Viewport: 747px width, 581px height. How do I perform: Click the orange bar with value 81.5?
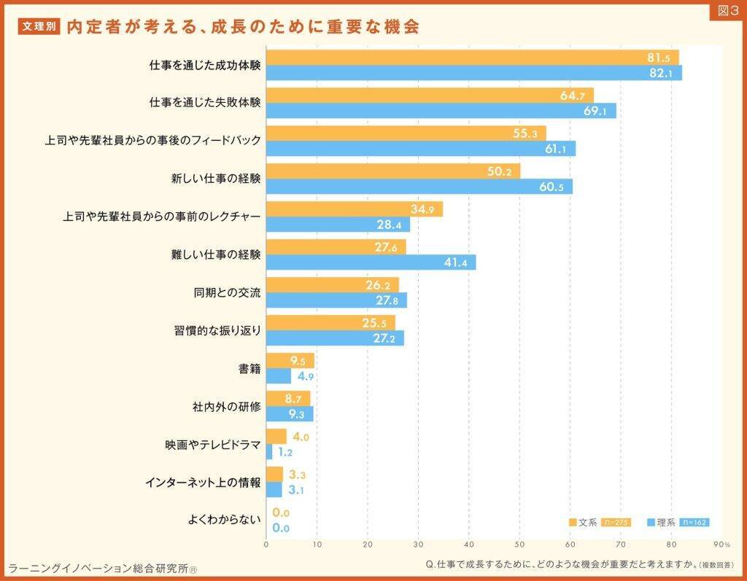pyautogui.click(x=472, y=58)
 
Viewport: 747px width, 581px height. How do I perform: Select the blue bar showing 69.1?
pyautogui.click(x=441, y=111)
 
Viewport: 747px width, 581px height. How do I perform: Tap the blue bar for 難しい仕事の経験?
pyautogui.click(x=371, y=262)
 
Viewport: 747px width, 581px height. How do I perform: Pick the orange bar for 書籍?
pyautogui.click(x=290, y=361)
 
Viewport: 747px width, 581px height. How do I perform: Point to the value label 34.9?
pyautogui.click(x=423, y=209)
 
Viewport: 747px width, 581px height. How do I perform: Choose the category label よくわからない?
pyautogui.click(x=224, y=520)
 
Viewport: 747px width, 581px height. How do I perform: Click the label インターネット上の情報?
pyautogui.click(x=203, y=482)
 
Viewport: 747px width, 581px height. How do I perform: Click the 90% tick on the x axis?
pyautogui.click(x=721, y=544)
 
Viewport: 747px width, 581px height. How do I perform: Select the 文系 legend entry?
pyautogui.click(x=583, y=522)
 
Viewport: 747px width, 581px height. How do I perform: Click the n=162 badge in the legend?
pyautogui.click(x=694, y=522)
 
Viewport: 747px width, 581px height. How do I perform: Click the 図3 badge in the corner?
pyautogui.click(x=726, y=12)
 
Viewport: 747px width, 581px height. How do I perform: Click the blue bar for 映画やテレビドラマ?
pyautogui.click(x=269, y=452)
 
